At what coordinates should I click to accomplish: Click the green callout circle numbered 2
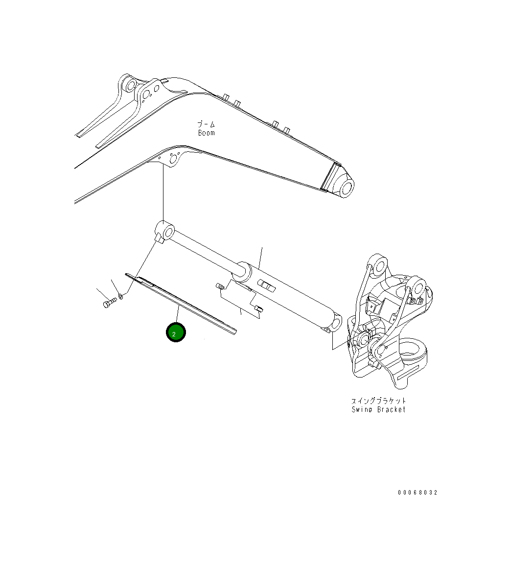[176, 332]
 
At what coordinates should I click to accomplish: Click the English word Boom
[206, 133]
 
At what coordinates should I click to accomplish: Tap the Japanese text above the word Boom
[206, 125]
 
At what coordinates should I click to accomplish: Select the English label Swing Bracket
[378, 409]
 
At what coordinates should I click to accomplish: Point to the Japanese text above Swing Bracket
[379, 401]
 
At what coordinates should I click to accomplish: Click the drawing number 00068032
[417, 493]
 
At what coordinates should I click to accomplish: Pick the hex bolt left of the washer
[108, 304]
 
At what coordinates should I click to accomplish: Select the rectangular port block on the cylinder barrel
[265, 285]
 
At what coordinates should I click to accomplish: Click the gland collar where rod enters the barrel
[243, 270]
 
